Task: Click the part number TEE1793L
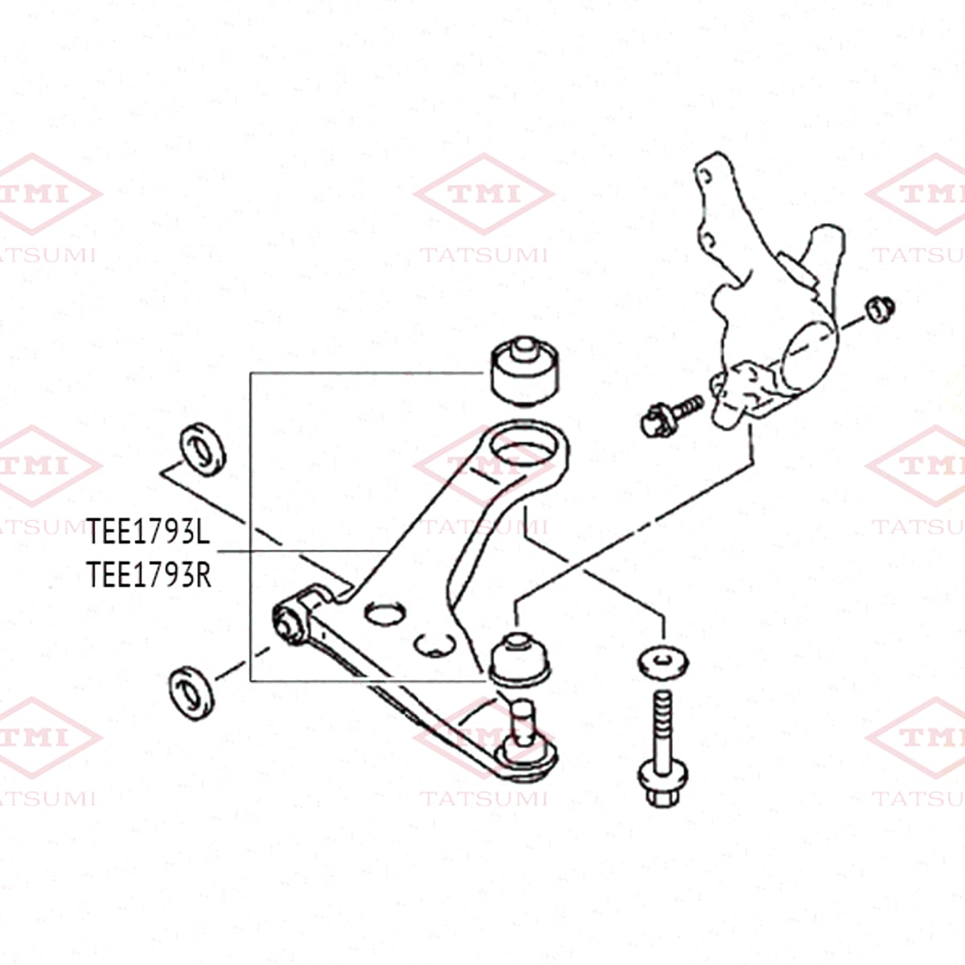click(148, 531)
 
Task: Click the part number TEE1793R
click(149, 574)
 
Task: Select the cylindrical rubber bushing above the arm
click(524, 370)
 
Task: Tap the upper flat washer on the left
click(203, 450)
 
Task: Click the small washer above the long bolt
click(663, 663)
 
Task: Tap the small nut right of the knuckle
click(880, 310)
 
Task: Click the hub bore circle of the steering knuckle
click(809, 356)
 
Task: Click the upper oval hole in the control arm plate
click(384, 613)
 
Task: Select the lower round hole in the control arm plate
click(435, 645)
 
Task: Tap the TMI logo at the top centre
click(484, 194)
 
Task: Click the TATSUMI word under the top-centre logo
click(484, 256)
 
